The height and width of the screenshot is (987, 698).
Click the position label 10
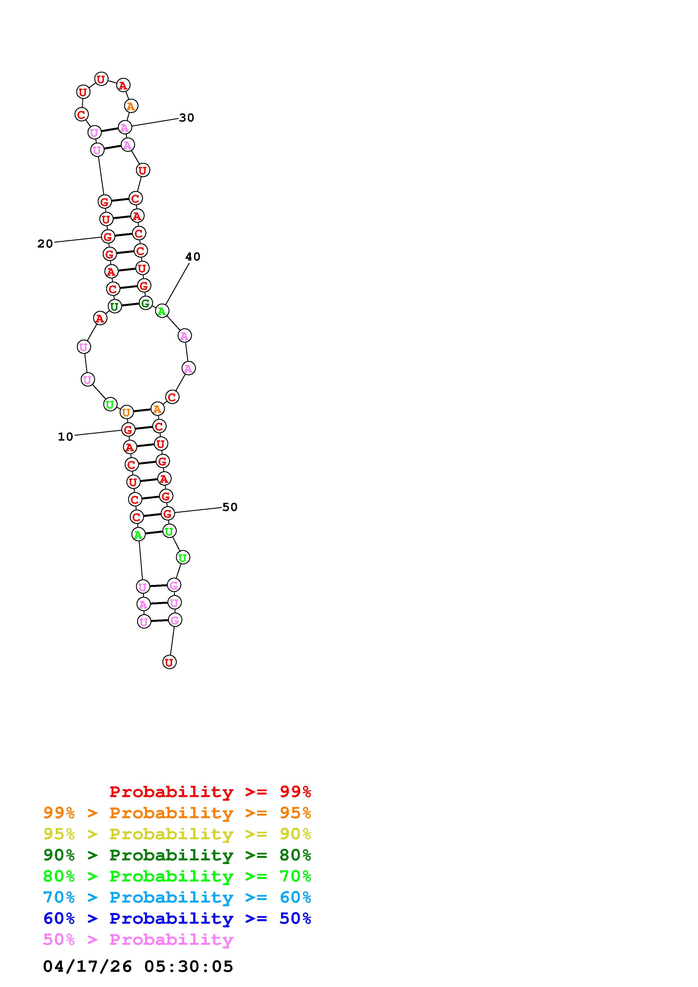(65, 437)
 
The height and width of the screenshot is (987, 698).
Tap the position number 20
(45, 244)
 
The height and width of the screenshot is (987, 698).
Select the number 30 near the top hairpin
(187, 118)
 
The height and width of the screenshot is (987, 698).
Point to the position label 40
(193, 257)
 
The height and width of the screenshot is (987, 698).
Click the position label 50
(230, 507)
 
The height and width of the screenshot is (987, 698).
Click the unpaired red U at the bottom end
(170, 662)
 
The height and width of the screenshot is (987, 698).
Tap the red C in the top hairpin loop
(81, 114)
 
